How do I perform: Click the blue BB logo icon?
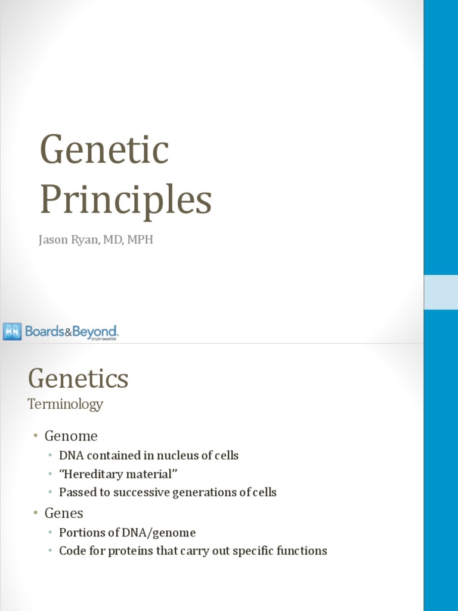tap(12, 331)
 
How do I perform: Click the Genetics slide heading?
tap(78, 378)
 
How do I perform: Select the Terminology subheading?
tap(66, 404)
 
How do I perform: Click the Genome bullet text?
tap(71, 436)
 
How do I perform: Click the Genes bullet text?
tap(64, 513)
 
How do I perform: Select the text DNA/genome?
tap(160, 533)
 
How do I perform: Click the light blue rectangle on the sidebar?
tap(441, 292)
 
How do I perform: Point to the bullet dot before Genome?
tap(36, 436)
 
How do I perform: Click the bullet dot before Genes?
tap(36, 513)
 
